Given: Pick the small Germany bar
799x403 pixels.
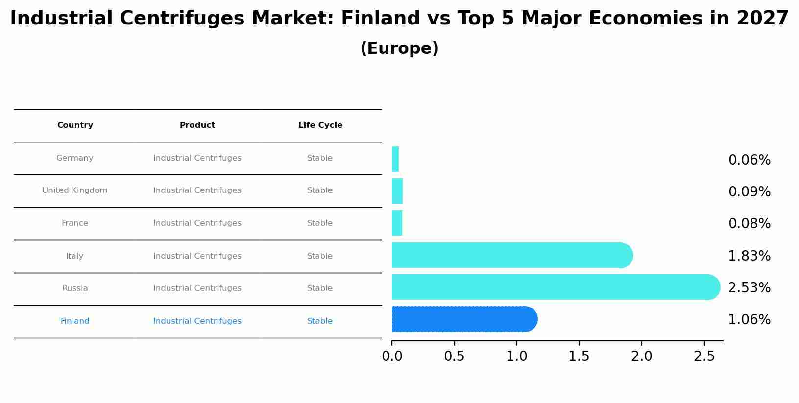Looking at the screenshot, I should click(x=395, y=159).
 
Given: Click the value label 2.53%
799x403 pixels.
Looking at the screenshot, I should click(x=749, y=288).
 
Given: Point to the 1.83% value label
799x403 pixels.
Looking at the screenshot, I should click(x=749, y=256).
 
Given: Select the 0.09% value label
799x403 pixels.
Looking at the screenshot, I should click(x=749, y=192).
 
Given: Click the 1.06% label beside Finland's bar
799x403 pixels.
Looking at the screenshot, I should click(x=749, y=320).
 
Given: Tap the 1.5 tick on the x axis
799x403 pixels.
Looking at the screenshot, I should click(x=579, y=356).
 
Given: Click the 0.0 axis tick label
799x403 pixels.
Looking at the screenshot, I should click(x=392, y=356).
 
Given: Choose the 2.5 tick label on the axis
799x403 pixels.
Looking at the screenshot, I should click(x=704, y=356).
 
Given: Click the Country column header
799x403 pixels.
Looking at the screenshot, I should click(x=75, y=125).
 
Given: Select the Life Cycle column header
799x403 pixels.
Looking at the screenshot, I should click(x=320, y=125).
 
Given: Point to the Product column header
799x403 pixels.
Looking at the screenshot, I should click(x=197, y=125).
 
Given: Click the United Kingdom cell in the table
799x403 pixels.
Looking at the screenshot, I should click(x=75, y=190).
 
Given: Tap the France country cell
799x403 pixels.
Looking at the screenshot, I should click(x=75, y=223).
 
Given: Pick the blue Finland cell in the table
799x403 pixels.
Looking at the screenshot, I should click(x=75, y=321).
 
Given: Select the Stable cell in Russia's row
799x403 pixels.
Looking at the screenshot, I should click(x=320, y=288).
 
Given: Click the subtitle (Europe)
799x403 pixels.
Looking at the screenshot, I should click(x=399, y=48).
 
